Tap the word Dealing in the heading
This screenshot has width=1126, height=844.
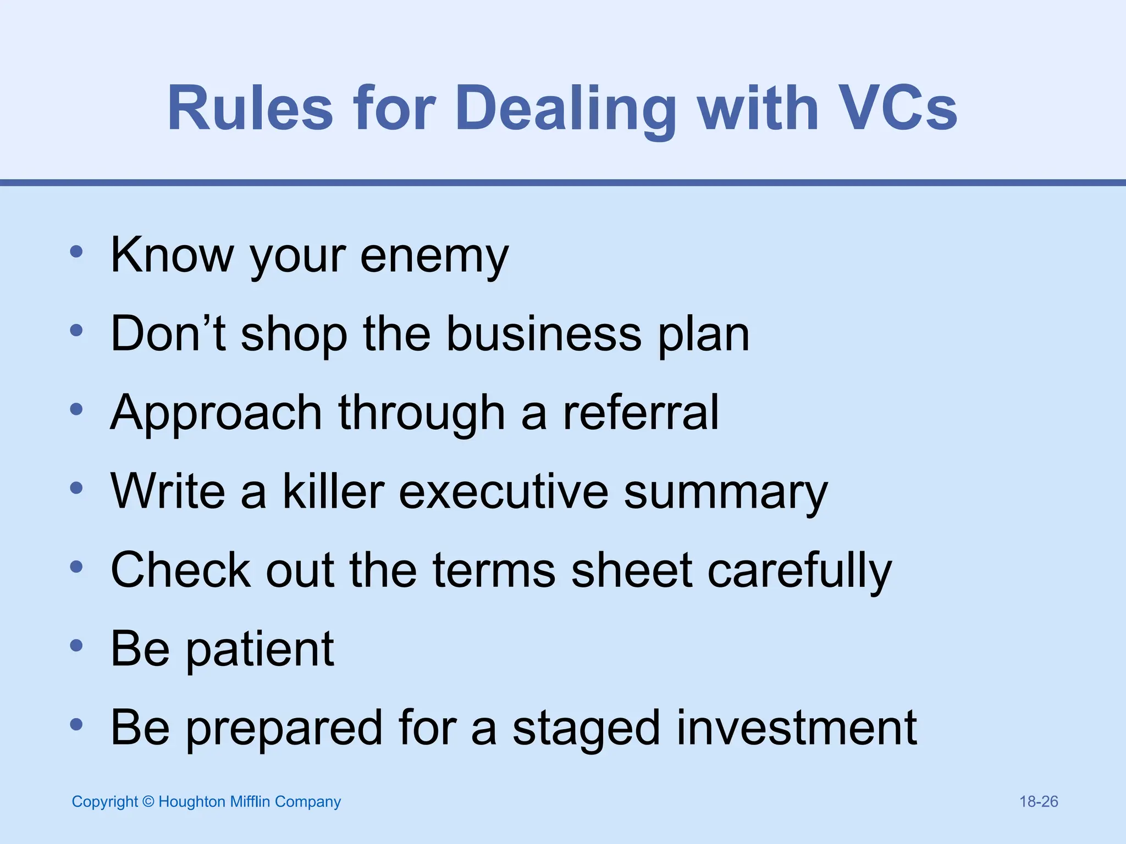tap(566, 110)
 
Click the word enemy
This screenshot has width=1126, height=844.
tap(434, 257)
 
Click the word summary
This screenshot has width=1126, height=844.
tap(726, 493)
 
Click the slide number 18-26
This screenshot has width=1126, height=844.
tap(1039, 802)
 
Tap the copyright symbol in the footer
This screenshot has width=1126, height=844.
tap(148, 802)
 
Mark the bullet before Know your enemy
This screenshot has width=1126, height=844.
tap(76, 252)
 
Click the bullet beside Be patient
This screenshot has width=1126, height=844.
tap(76, 645)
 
